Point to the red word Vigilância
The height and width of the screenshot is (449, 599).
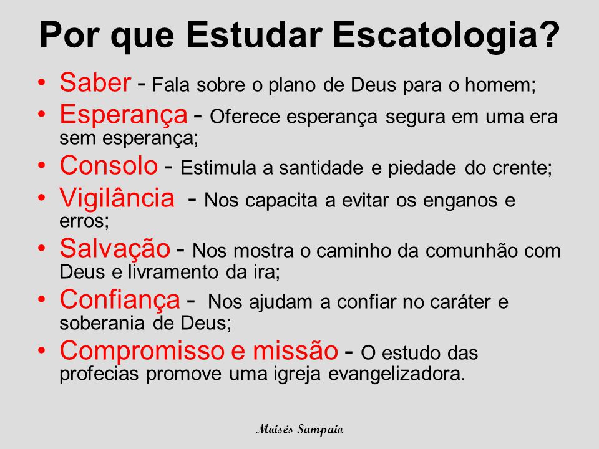(117, 199)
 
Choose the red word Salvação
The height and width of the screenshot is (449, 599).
(114, 249)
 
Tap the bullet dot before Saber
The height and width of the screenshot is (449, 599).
(42, 83)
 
